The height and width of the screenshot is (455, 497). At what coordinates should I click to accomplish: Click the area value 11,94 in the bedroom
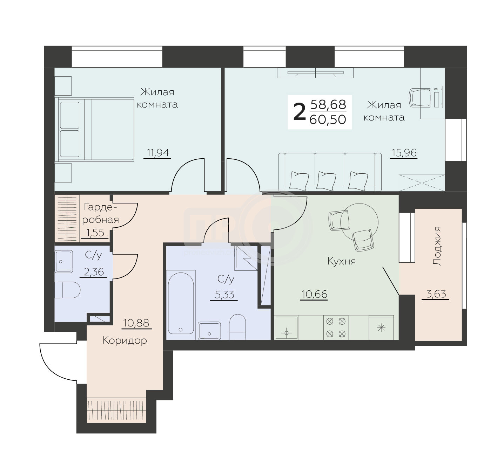coord(158,153)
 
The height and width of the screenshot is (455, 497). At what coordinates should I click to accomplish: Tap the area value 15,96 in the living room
coord(404,153)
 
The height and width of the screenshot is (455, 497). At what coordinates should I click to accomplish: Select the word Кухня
coord(342,261)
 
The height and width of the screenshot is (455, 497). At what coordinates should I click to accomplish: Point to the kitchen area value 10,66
coord(314,294)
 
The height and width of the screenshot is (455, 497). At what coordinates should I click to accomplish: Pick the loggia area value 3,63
coord(436,294)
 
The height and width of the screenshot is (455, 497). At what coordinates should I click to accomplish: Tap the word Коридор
coord(125,341)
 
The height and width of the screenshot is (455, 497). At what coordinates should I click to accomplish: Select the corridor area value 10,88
coord(136,323)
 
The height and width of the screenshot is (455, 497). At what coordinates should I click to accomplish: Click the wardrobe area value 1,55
coord(95,233)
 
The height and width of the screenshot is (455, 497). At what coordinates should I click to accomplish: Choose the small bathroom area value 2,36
coord(94,272)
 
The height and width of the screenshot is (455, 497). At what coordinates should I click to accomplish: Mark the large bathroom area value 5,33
coord(224,295)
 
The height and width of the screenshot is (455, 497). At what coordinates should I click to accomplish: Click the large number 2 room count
coord(299,112)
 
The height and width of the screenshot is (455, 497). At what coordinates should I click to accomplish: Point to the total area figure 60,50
coord(328,120)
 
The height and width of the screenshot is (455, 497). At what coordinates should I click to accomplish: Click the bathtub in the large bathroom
coord(181,304)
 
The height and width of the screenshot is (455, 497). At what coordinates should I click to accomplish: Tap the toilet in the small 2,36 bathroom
coord(67,290)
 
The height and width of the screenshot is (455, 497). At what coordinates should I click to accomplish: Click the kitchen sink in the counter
coord(287,328)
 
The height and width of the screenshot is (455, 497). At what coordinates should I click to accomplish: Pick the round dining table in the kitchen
coord(359,222)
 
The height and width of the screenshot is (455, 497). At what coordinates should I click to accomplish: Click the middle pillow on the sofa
coord(326,181)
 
